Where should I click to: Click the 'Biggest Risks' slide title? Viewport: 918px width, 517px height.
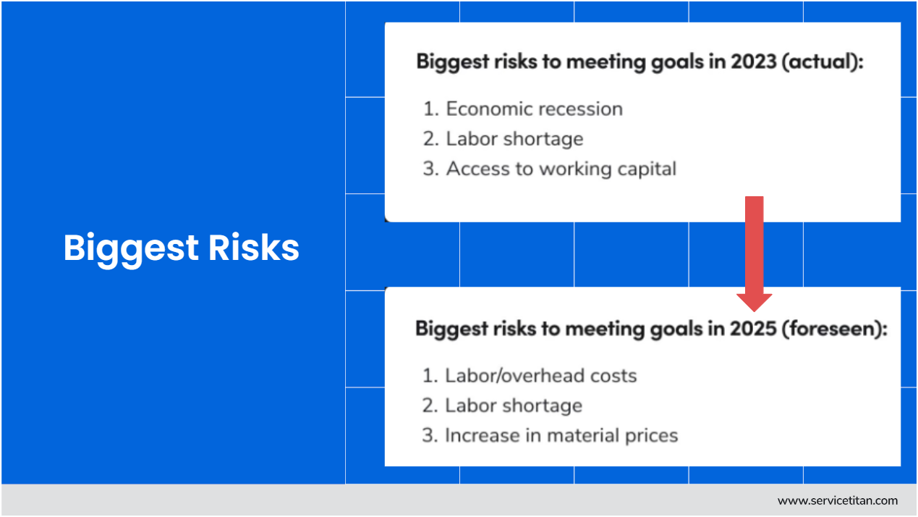coord(181,248)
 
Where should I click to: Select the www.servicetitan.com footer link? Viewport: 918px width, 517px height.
coord(837,500)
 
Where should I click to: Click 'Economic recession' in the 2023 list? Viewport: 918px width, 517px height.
coord(534,109)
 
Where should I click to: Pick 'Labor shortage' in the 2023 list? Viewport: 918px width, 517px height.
coord(514,139)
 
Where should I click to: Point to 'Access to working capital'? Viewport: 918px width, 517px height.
coord(561,169)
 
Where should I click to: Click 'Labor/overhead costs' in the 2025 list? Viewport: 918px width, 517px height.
coord(540,376)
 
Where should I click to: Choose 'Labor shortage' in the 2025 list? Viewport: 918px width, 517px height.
coord(513,405)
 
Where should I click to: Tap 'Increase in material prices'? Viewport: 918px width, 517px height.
coord(561,435)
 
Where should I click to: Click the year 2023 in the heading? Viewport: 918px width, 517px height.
coord(753,62)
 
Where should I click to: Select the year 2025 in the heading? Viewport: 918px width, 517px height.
coord(752,329)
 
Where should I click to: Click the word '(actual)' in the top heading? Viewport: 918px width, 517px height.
coord(823,62)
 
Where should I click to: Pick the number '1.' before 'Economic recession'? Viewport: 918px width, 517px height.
coord(432,109)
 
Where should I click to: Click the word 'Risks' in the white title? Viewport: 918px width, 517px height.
coord(254,248)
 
